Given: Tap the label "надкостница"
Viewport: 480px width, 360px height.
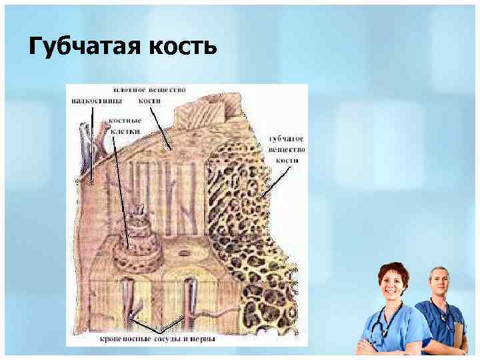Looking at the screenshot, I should pyautogui.click(x=93, y=101).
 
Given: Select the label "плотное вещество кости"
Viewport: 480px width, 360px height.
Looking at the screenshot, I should pyautogui.click(x=149, y=94).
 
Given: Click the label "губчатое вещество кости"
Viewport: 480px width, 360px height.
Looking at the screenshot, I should pyautogui.click(x=287, y=149).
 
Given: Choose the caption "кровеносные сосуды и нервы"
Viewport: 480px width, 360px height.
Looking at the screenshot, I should pyautogui.click(x=157, y=339).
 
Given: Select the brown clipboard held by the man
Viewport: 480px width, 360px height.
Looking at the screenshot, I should pyautogui.click(x=459, y=333).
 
